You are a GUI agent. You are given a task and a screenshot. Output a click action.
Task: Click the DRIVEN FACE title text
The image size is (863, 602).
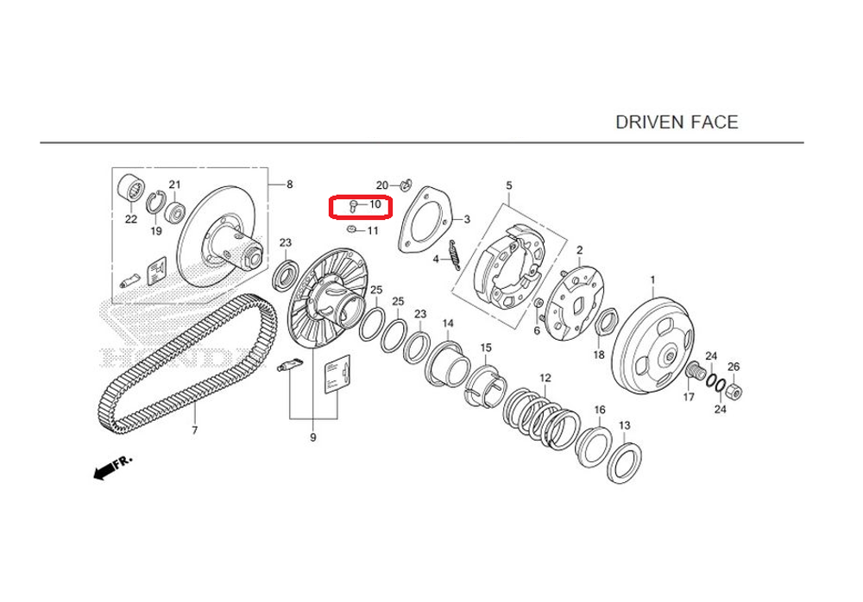click(x=677, y=122)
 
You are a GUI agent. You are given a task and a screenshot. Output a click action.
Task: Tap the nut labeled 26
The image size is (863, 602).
click(x=733, y=392)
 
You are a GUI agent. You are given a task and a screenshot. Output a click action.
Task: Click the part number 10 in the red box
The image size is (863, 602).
click(x=375, y=205)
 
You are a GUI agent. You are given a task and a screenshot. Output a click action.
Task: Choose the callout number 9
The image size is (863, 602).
click(x=313, y=438)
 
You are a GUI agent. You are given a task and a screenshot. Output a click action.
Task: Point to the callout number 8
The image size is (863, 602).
click(x=289, y=185)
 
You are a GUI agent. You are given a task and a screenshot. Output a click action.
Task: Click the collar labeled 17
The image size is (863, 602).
click(x=691, y=373)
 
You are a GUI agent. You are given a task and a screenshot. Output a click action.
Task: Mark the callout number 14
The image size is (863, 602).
click(x=448, y=323)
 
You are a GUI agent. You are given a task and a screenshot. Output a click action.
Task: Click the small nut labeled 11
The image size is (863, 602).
click(x=351, y=230)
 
